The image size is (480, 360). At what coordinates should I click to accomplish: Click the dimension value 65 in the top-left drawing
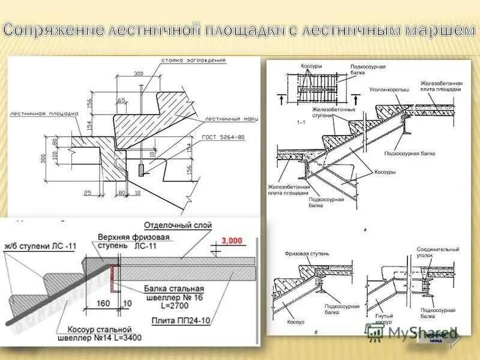tap(122, 100)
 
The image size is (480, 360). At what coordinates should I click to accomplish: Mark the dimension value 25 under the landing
tap(87, 193)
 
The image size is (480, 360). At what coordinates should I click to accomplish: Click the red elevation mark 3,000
tap(232, 241)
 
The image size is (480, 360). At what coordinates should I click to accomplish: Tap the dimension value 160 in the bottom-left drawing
tap(103, 304)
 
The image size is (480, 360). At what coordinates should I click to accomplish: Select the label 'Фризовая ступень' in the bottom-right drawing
tap(307, 254)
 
